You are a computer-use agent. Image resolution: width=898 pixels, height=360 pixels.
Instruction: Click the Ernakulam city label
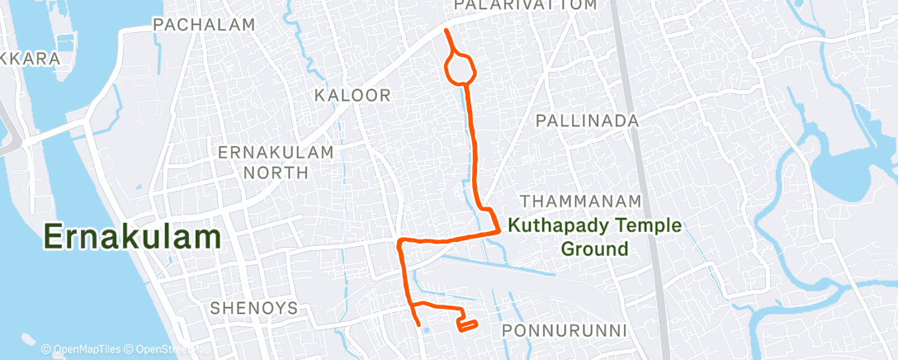pos(132,237)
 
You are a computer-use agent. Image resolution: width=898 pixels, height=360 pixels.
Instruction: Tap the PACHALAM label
pos(204,26)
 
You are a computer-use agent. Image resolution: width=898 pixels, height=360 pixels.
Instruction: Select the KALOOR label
pos(352,96)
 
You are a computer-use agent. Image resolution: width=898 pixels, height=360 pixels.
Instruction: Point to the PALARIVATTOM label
pos(536,6)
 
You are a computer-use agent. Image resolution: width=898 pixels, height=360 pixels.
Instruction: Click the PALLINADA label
pos(587,121)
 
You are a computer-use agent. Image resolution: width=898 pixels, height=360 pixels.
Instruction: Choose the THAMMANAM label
pos(581,201)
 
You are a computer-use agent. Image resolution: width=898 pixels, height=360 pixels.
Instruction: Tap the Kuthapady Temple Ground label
pos(594,236)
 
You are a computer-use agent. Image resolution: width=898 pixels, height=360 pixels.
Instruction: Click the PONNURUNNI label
pos(565,331)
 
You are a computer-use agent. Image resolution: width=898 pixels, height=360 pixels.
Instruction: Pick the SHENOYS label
pos(253,308)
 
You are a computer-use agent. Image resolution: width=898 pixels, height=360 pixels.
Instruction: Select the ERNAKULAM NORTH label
pos(275,162)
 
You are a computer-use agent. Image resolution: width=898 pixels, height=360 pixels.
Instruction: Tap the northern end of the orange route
pos(447,31)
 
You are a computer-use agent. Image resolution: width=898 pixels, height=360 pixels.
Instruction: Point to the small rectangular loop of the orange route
pos(467,324)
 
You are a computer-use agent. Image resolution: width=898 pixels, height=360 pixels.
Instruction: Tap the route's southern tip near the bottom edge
pos(419,324)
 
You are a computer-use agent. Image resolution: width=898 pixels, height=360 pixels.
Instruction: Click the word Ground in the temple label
pos(594,249)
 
